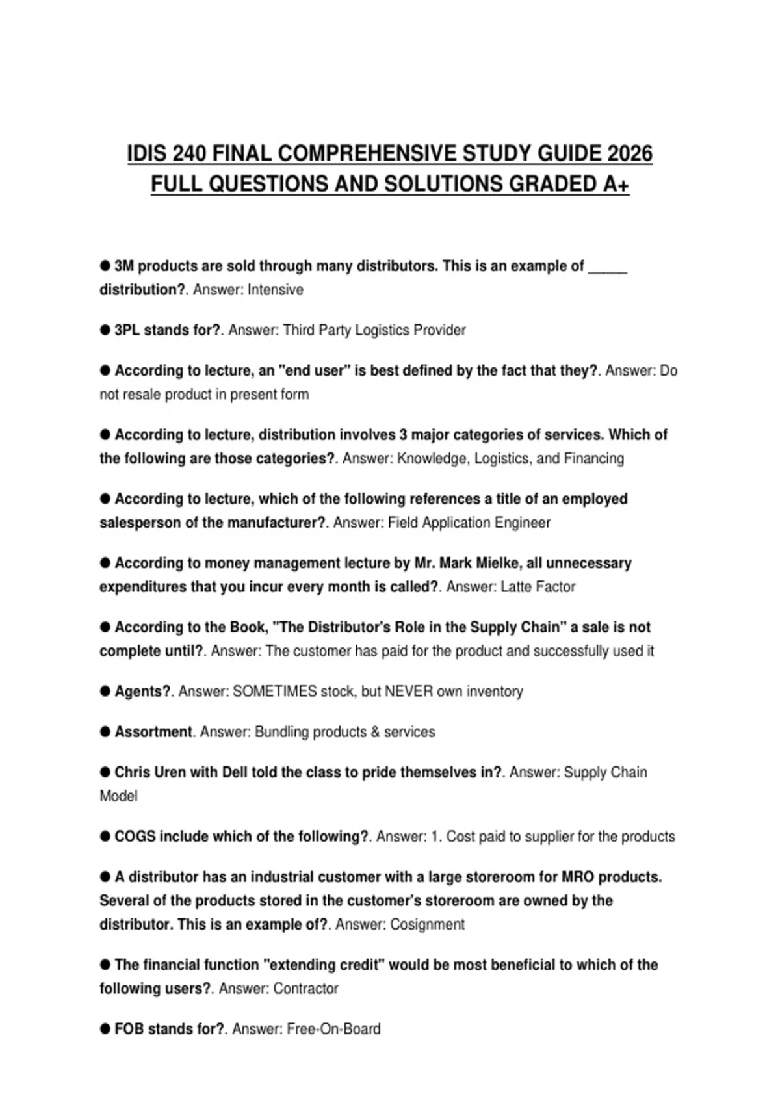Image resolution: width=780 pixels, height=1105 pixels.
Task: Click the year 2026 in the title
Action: point(629,153)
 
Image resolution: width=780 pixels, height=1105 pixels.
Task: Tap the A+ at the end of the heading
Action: point(616,184)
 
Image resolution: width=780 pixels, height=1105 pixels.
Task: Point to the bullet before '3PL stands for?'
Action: point(105,330)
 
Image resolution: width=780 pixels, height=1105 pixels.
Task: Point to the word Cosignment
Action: point(427,924)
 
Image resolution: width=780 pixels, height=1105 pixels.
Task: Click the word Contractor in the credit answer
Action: point(305,989)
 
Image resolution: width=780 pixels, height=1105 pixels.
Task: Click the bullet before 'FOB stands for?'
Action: point(105,1029)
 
